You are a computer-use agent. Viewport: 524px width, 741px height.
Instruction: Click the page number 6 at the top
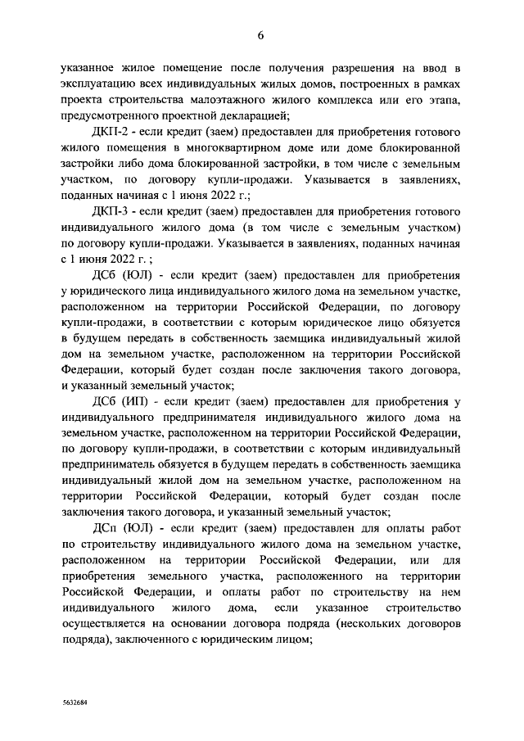pyautogui.click(x=261, y=34)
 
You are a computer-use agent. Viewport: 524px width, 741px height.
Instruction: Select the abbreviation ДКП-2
pyautogui.click(x=112, y=132)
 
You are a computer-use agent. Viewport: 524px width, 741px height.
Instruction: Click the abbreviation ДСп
pyautogui.click(x=106, y=529)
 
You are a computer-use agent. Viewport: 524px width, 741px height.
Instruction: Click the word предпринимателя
pyautogui.click(x=187, y=418)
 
